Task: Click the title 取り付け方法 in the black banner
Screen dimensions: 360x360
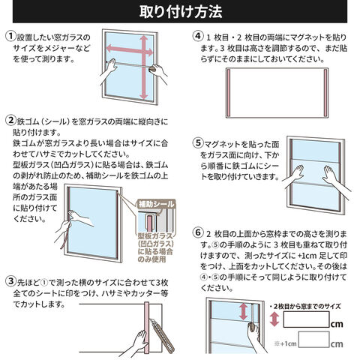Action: click(x=181, y=11)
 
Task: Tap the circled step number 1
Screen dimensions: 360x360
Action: click(x=10, y=36)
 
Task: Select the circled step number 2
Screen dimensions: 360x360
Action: click(x=10, y=120)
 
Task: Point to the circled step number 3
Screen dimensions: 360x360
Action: click(x=10, y=281)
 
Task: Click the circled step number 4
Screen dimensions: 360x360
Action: click(x=198, y=36)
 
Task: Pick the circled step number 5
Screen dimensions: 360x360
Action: click(x=198, y=142)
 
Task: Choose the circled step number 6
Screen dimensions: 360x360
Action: click(x=198, y=232)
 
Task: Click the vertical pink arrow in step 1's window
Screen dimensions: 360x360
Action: click(x=143, y=67)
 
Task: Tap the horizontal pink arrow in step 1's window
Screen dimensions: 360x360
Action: click(x=130, y=50)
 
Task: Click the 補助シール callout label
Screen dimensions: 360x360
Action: click(x=156, y=204)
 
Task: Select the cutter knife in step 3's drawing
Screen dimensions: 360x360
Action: click(x=162, y=334)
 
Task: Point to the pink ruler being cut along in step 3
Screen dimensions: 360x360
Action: click(x=146, y=328)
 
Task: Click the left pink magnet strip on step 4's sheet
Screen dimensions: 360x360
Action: click(x=228, y=93)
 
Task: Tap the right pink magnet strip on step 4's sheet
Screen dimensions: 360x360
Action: click(x=325, y=93)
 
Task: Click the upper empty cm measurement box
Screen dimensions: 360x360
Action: click(x=306, y=319)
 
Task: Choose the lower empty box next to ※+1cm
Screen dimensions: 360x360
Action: click(x=313, y=340)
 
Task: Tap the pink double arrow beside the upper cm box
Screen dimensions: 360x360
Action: click(x=274, y=319)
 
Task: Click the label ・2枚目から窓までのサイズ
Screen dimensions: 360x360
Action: click(x=305, y=306)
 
